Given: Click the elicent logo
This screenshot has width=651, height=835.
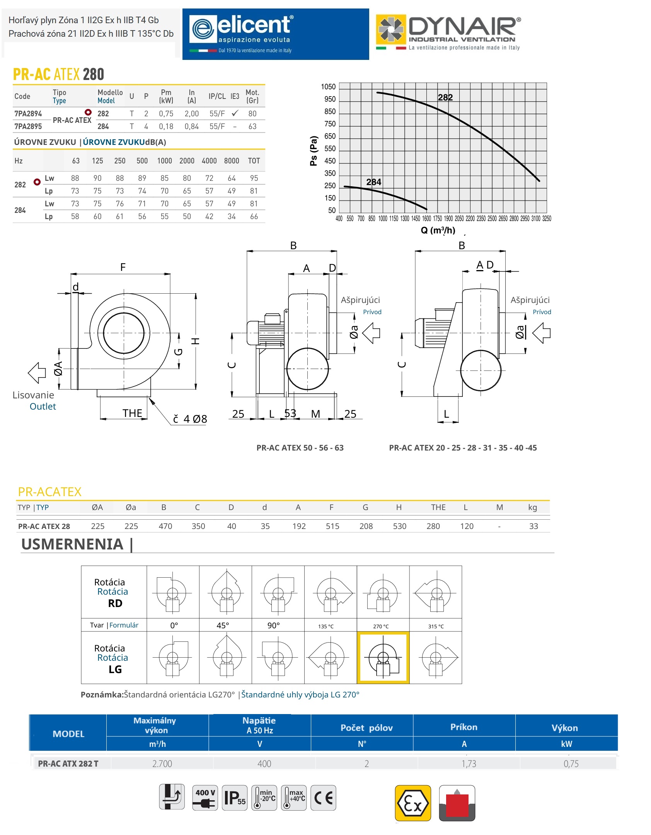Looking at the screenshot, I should click(275, 34).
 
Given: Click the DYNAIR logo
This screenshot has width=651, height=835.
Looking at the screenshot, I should click(448, 33).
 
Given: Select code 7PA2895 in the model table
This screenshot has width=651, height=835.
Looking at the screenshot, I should click(28, 126).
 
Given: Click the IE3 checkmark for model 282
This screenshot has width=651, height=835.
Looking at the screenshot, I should click(235, 113).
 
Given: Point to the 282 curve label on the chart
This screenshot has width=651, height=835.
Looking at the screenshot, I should click(445, 97).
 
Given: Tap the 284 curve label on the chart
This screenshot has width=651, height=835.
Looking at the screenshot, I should click(373, 182).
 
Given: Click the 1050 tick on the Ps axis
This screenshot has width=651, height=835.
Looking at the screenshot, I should click(328, 87).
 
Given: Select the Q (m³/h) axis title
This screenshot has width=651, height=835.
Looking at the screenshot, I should click(438, 230).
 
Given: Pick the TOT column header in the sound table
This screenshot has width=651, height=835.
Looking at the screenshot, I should click(254, 161).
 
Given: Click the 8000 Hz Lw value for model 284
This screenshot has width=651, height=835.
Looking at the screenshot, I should click(232, 204).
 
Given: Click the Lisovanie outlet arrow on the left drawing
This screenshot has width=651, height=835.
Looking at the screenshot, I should click(37, 373).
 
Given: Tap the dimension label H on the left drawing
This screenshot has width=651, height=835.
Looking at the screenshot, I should click(196, 341).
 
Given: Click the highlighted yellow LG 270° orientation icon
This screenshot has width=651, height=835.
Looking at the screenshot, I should click(383, 658).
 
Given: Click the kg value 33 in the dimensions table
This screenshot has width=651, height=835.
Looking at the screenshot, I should click(533, 526).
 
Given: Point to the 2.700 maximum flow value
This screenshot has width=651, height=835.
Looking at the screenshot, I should click(162, 764).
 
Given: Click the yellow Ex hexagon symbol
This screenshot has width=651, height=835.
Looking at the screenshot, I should click(412, 803).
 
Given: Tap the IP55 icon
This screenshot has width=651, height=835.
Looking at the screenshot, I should click(235, 798).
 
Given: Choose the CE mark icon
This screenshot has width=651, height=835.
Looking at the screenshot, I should click(323, 798).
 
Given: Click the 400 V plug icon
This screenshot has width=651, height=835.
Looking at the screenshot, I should click(205, 798).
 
